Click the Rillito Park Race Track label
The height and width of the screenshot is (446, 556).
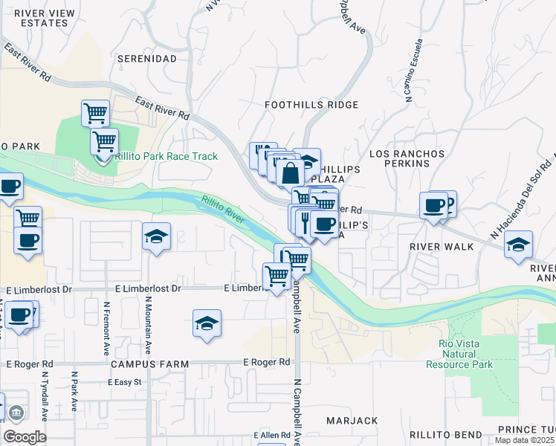[166, 156]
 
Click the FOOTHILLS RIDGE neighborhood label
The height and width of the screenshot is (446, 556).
[311, 105]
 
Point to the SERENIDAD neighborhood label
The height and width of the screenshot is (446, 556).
[150, 58]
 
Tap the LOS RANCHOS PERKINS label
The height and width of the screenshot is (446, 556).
[407, 158]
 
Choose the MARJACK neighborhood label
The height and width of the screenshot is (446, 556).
[352, 421]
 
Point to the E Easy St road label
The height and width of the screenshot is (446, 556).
[124, 382]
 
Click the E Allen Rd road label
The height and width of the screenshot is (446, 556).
[272, 435]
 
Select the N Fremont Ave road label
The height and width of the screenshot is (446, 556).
[107, 328]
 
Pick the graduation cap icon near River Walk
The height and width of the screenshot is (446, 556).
[518, 244]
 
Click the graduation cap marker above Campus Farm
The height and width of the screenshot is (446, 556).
[207, 323]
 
